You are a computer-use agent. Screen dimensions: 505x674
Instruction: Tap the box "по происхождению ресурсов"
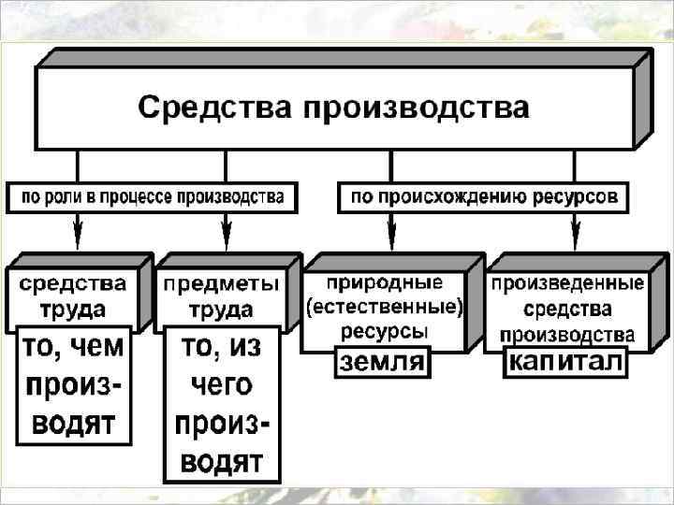[483, 197]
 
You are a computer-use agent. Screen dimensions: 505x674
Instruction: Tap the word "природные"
[385, 283]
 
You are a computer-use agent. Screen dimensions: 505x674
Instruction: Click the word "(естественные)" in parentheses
[385, 307]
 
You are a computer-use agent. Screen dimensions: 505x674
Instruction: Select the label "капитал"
[564, 362]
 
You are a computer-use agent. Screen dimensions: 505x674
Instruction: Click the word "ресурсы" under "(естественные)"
[385, 330]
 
